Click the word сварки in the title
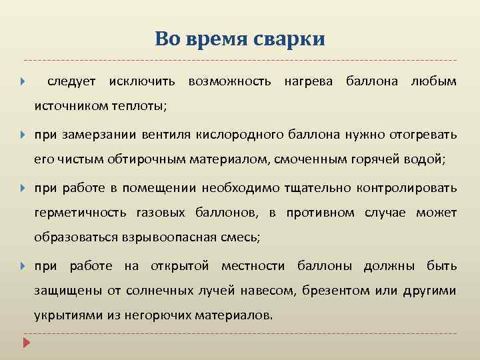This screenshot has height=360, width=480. [289, 39]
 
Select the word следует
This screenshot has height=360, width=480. [72, 81]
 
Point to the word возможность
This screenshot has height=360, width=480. [229, 81]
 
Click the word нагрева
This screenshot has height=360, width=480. [309, 81]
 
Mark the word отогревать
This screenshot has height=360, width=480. [423, 135]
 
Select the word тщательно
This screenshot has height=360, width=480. [322, 188]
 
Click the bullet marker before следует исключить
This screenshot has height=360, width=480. [23, 82]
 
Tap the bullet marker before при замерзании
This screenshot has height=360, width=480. [23, 135]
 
